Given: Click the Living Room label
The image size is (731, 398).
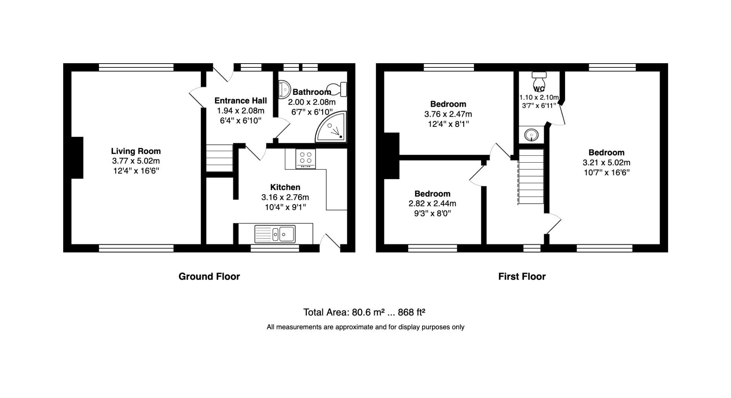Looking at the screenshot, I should tap(136, 151).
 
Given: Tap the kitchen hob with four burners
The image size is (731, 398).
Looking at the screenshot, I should tap(305, 159).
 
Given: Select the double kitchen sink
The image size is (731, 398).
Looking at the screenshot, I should tap(275, 233).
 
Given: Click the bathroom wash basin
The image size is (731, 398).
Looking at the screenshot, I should tap(284, 89).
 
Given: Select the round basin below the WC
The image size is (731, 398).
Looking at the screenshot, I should tap(531, 135).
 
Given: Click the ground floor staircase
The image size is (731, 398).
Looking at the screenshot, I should tap(219, 158).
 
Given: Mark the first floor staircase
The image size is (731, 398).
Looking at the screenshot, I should tap(531, 176).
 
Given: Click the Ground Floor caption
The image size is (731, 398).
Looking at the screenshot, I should tap(209, 277).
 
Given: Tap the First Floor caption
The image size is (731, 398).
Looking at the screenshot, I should tap(522, 277).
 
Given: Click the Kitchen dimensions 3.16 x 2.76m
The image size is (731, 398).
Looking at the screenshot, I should tap(285, 197).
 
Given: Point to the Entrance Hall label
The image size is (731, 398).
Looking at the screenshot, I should tap(240, 101).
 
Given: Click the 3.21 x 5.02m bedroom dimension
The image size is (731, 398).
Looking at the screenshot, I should tap(606, 163).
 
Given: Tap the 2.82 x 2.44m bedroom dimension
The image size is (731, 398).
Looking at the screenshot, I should tap(432, 204).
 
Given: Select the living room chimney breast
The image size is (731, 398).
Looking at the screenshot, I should tap(77, 158).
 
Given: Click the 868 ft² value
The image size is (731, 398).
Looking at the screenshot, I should tap(411, 312).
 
